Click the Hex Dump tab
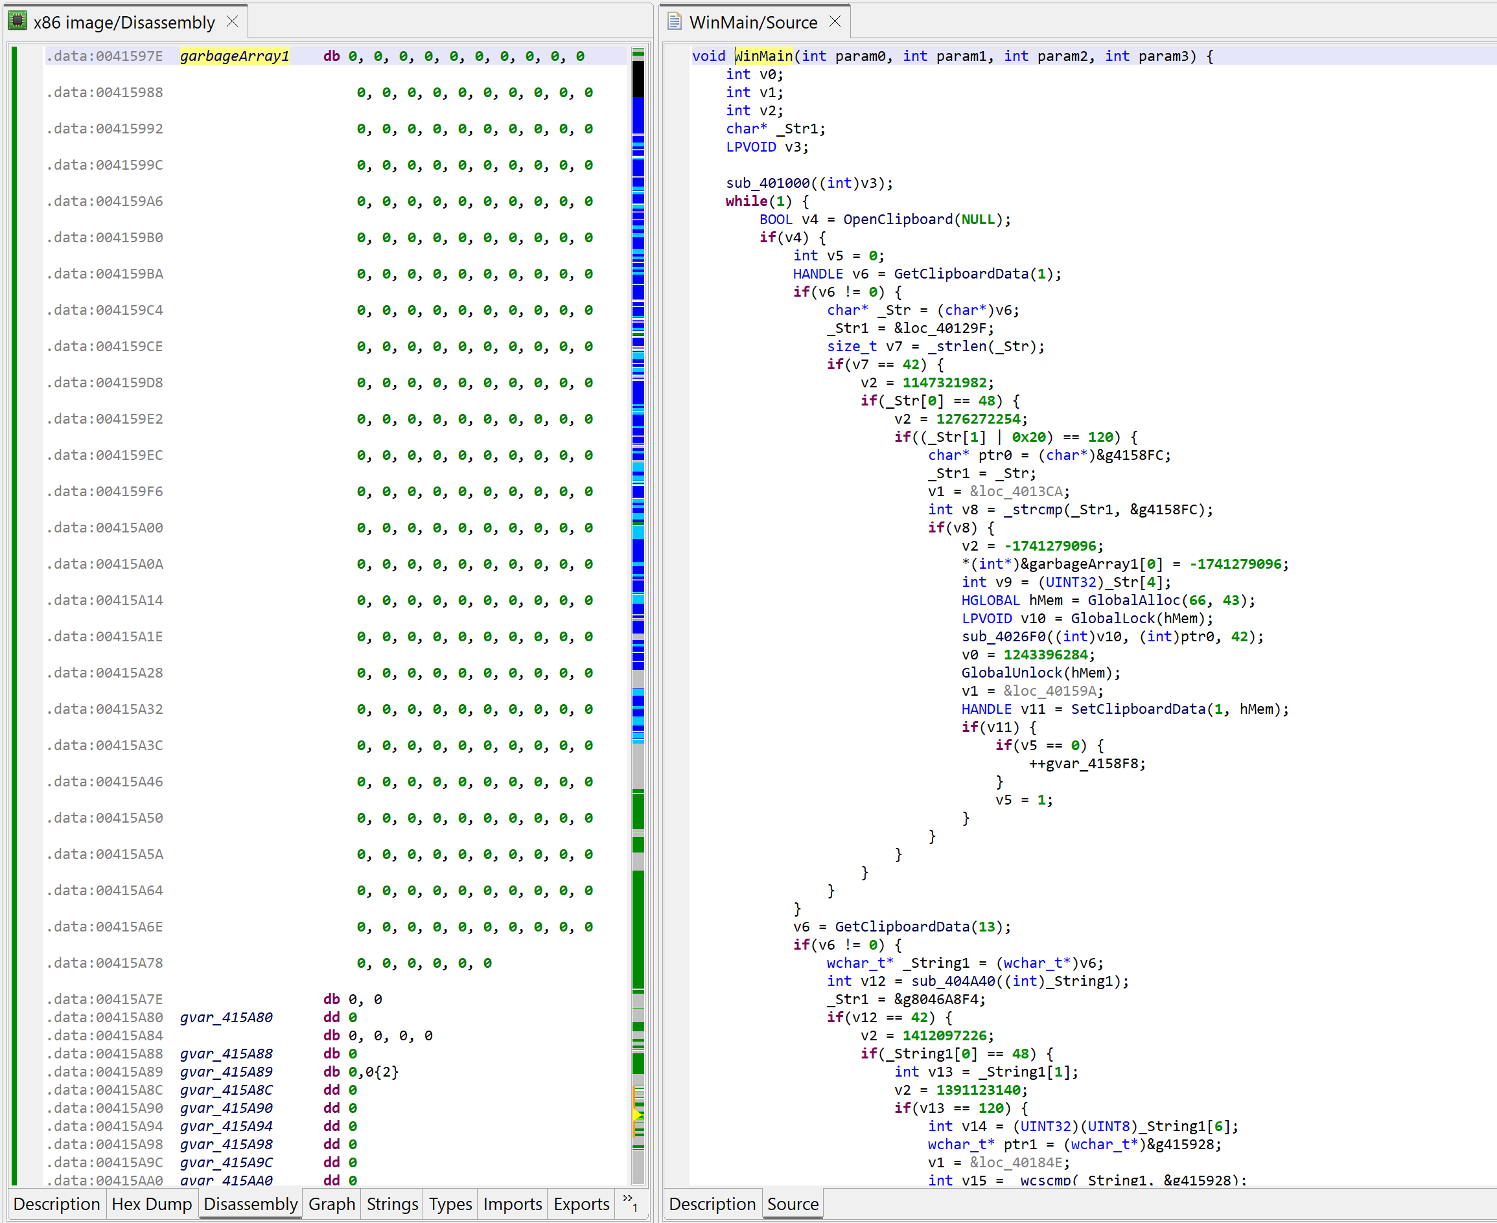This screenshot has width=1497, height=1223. coord(152,1204)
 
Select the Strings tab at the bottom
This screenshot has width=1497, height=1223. coord(393,1204)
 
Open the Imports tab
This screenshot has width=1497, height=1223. coord(513,1204)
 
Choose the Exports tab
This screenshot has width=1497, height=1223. coord(581,1204)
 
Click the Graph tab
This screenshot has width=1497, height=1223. coord(331,1204)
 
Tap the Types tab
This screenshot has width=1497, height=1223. coord(450,1204)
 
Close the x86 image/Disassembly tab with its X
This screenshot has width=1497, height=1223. coord(233,22)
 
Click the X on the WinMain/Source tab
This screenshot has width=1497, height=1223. coord(835,22)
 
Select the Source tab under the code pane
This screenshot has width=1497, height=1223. coord(793,1204)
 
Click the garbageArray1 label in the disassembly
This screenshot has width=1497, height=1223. coord(235,56)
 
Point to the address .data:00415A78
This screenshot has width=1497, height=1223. coord(105,963)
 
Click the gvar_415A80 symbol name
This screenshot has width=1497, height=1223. coord(226,1017)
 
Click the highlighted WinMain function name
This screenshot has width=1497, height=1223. coord(763,56)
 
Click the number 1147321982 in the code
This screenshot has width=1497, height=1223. coord(944,383)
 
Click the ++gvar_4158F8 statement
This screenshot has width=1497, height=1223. coord(1087,764)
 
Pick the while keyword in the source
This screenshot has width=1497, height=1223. coord(747,201)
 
